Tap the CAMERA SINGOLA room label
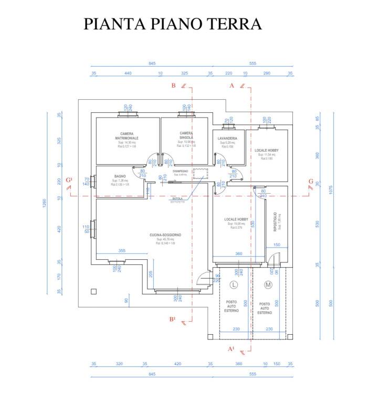(x=186, y=135)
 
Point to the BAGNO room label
(x=121, y=176)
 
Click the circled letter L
(x=234, y=285)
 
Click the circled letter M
(x=268, y=285)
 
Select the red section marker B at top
(x=173, y=86)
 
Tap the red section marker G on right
(x=311, y=182)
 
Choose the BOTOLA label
(x=177, y=199)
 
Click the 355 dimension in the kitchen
(x=122, y=251)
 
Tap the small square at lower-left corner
(x=93, y=291)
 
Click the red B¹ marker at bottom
(x=172, y=319)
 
